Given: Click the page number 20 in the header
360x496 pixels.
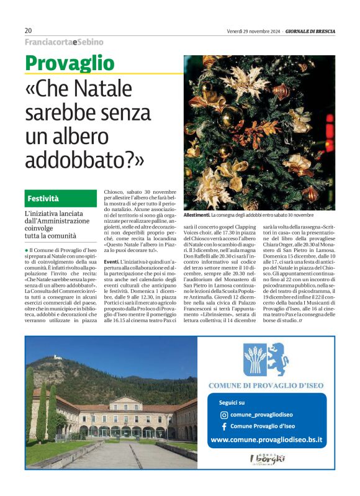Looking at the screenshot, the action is pyautogui.click(x=29, y=30).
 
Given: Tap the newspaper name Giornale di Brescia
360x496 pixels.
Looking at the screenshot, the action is pyautogui.click(x=310, y=30).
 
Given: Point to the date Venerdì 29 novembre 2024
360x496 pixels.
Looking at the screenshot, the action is pyautogui.click(x=253, y=30).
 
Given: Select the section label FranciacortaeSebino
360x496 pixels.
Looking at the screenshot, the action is pyautogui.click(x=64, y=42).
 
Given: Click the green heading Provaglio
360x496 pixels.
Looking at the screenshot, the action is pyautogui.click(x=70, y=63).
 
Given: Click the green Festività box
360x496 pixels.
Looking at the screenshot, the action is pyautogui.click(x=60, y=199).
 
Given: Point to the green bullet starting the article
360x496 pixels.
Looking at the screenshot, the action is pyautogui.click(x=27, y=250).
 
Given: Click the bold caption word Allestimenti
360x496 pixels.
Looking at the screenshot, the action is pyautogui.click(x=197, y=215).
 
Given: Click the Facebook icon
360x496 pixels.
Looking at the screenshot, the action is pyautogui.click(x=224, y=426).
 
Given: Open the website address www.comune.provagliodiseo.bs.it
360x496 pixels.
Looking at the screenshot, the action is pyautogui.click(x=266, y=440).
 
